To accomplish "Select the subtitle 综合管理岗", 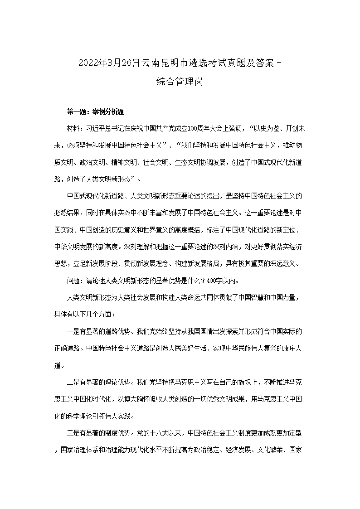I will [180, 82].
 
